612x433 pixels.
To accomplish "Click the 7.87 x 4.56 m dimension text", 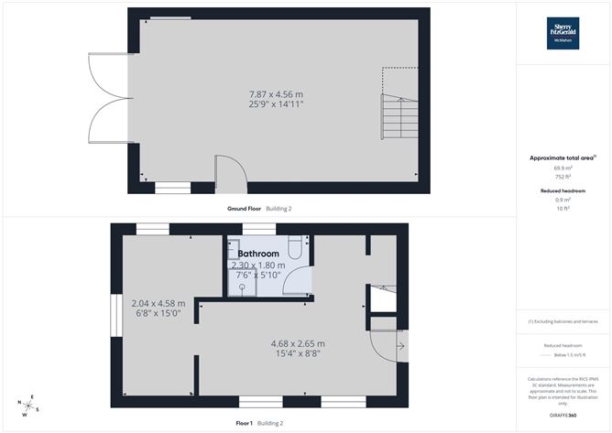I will coord(276,93).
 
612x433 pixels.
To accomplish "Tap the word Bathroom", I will coord(258,254).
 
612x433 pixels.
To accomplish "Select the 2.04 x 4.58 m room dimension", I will coord(158,303).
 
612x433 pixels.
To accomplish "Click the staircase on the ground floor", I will coord(397,116).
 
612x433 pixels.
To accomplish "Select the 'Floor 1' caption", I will coord(245,423).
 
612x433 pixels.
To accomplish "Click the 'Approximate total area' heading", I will coord(563,158).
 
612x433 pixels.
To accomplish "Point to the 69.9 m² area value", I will coord(563,168).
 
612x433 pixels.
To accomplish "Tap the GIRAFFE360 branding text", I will coord(563,417).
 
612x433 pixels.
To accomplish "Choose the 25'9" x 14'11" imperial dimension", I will coord(276,104).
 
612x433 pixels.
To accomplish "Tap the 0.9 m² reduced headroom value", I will coord(563,200).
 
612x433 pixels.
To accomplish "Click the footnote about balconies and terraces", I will coord(563,321).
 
